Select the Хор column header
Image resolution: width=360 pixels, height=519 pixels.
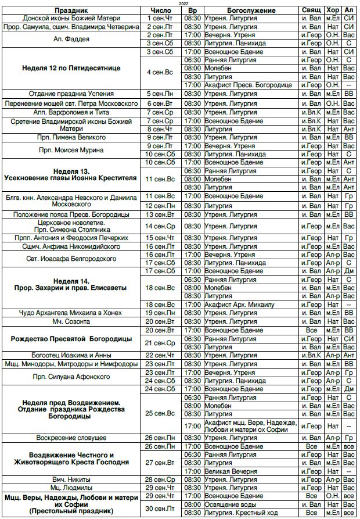(333, 11)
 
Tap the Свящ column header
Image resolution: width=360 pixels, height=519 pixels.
(312, 11)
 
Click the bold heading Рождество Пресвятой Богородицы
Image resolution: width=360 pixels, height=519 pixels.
(71, 338)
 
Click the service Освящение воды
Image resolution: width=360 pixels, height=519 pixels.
(229, 504)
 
